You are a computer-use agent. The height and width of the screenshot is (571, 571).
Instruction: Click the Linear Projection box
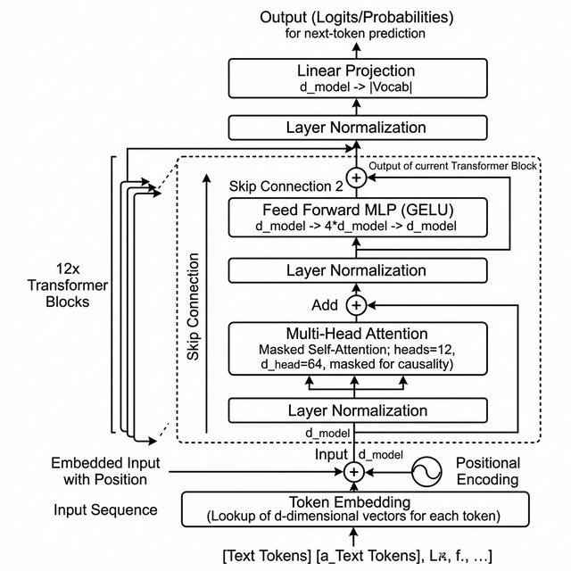tap(356, 78)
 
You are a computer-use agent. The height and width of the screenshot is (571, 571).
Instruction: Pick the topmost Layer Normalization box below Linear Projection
tap(356, 128)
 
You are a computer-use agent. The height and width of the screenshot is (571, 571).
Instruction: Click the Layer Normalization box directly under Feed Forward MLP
tap(356, 270)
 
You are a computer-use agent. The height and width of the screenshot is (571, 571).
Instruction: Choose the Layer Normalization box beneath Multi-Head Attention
tap(356, 410)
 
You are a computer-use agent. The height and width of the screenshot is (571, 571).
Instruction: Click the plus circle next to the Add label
tap(356, 305)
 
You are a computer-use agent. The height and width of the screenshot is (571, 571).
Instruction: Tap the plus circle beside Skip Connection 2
tap(356, 178)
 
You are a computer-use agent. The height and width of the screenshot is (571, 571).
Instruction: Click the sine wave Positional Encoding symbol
tap(426, 471)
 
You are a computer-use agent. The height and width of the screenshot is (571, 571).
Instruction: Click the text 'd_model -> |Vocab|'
tap(356, 87)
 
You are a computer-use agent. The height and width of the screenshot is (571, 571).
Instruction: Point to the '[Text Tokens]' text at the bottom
tap(268, 556)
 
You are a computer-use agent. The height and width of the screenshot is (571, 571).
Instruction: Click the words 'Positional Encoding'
tap(487, 471)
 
